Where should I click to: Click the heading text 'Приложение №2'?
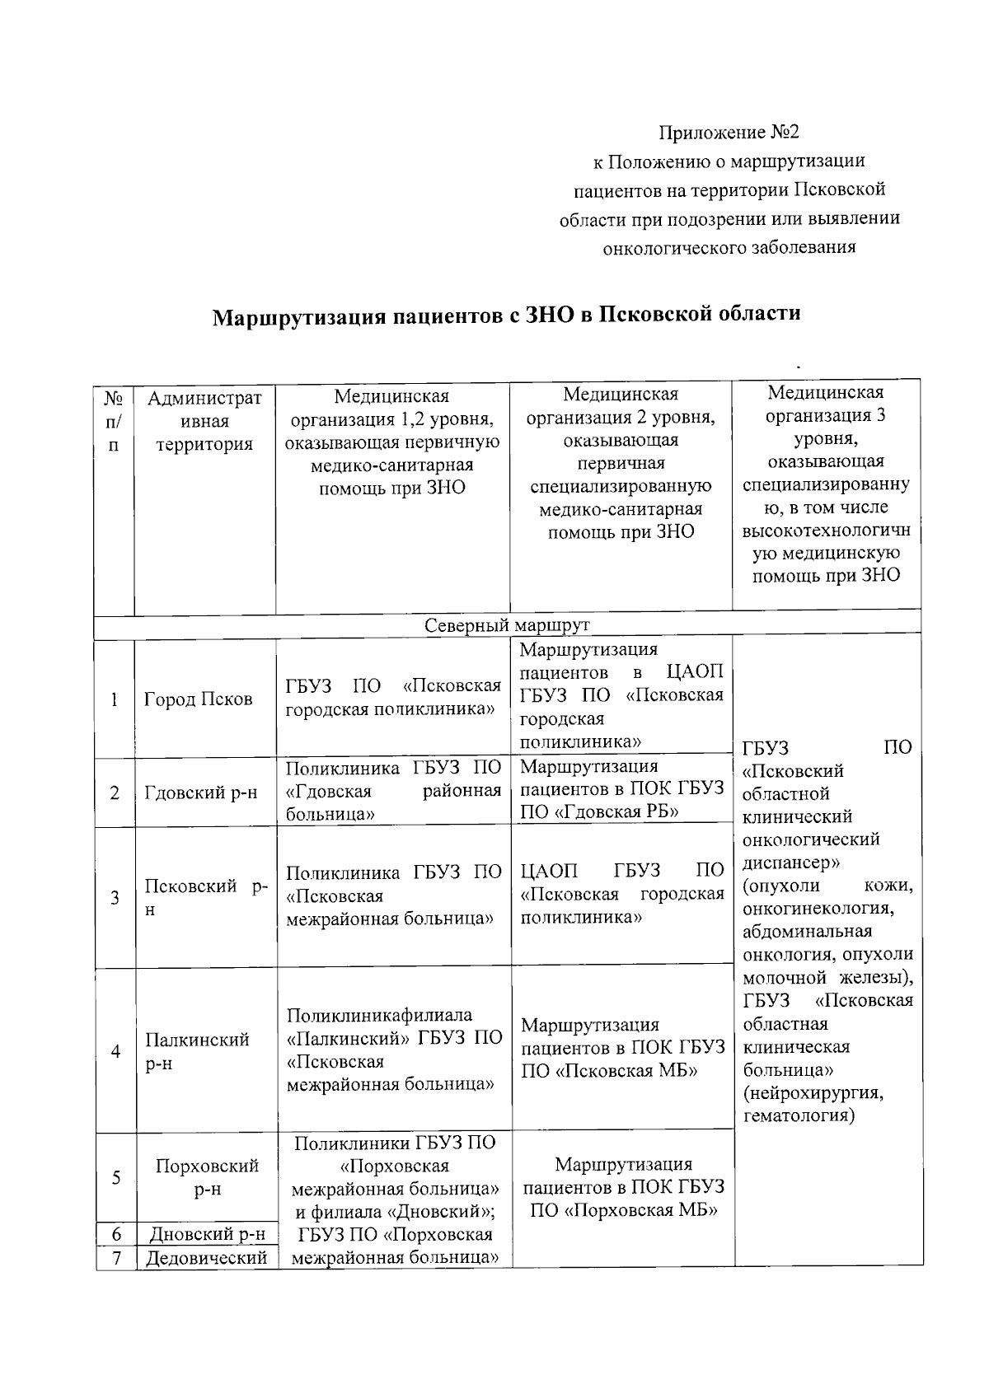[x=729, y=133]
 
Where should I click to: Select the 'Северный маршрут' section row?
[x=507, y=625]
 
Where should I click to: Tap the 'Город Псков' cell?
[x=198, y=699]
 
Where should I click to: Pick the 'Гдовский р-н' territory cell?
[x=201, y=793]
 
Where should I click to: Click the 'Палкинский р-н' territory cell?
[x=197, y=1051]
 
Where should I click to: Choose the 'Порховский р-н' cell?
[x=207, y=1177]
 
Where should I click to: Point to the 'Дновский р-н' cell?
[x=207, y=1234]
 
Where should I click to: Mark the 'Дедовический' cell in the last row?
[x=207, y=1258]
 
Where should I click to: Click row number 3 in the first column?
[x=115, y=897]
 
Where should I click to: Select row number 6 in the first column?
[x=116, y=1234]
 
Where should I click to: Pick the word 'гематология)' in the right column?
[x=799, y=1116]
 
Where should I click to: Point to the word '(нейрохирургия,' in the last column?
[x=813, y=1093]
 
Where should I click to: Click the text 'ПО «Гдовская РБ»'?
[x=600, y=811]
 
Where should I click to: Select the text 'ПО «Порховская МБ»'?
[x=623, y=1210]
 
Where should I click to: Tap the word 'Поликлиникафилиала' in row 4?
[x=379, y=1016]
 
